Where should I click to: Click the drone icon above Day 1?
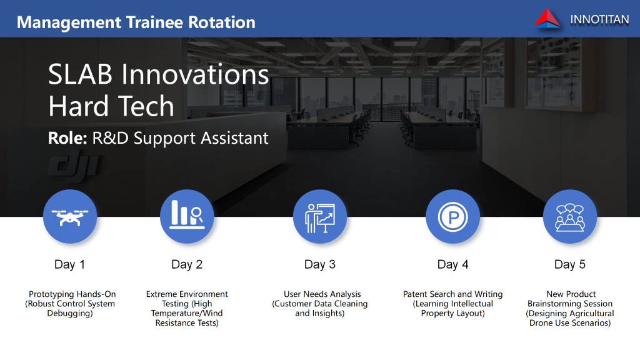click(x=70, y=217)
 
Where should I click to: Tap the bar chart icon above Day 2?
click(x=187, y=214)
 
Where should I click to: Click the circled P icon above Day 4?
click(x=452, y=217)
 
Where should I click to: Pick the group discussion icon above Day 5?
click(x=570, y=218)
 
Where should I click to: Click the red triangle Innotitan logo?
click(x=547, y=18)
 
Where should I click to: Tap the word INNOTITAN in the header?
click(x=599, y=19)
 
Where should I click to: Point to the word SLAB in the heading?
click(x=80, y=74)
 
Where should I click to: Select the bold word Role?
click(x=67, y=138)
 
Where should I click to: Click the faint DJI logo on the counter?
click(x=74, y=165)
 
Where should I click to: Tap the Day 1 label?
click(x=70, y=264)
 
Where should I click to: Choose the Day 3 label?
click(x=320, y=264)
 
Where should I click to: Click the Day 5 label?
click(x=570, y=264)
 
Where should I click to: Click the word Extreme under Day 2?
click(x=162, y=294)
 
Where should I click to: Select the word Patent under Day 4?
click(x=416, y=294)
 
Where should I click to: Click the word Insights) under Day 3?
click(x=327, y=314)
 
